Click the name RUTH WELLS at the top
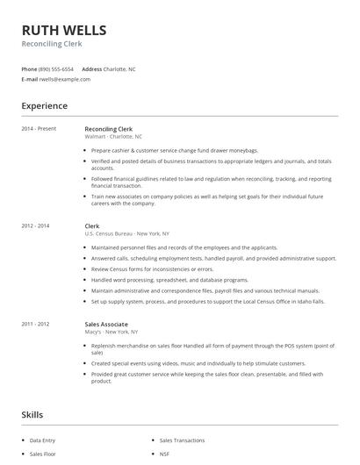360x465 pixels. pos(64,30)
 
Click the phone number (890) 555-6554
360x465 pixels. pos(57,68)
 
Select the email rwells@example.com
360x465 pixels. pos(65,79)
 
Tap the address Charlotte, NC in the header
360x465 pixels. pos(120,68)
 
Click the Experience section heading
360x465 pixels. pos(45,106)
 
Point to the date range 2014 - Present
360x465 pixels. pos(39,129)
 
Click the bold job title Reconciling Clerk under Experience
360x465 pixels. pos(108,129)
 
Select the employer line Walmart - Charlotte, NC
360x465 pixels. pos(113,137)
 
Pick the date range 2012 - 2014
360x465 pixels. pos(36,226)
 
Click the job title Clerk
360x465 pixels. pos(92,226)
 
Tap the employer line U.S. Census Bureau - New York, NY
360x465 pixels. pos(127,234)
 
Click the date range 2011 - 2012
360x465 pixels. pos(36,324)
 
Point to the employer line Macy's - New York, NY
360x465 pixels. pos(111,332)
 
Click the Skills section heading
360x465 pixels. pos(32,415)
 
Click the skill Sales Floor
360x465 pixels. pos(42,454)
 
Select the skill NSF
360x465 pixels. pos(165,454)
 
